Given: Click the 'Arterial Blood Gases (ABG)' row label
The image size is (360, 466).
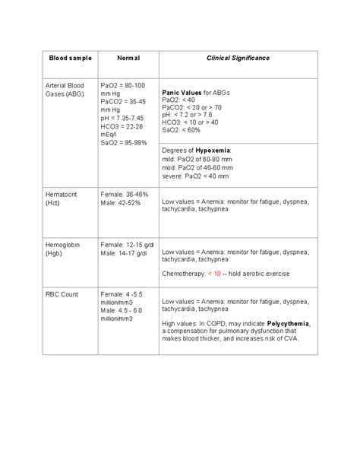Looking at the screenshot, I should point(66,90).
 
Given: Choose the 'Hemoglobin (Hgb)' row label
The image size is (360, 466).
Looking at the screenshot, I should point(63,249).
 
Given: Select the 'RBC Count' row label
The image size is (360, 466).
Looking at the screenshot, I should point(63,293).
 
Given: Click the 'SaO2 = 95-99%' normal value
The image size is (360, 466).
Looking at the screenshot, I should point(125,143).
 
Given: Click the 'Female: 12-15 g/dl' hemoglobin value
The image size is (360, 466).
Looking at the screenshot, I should point(127,245).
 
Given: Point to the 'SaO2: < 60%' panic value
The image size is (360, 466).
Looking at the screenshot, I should point(181,130).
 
